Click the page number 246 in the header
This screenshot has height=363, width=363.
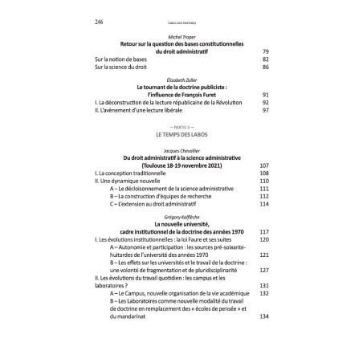tap(88, 22)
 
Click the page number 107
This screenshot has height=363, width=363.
tap(265, 165)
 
